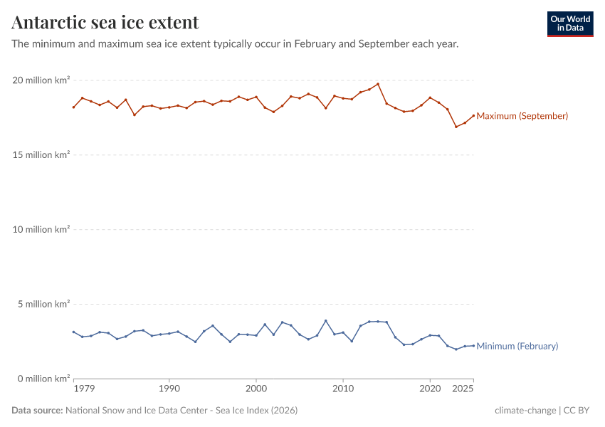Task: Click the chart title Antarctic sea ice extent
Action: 105,23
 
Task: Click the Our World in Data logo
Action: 569,23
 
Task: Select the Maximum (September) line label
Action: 522,116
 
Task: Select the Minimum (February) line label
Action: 517,346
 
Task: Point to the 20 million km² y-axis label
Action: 41,80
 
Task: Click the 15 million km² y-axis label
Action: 41,155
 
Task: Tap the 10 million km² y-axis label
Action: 41,230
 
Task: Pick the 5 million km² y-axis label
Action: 43,305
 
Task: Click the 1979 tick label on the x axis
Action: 85,389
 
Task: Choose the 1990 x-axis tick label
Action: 169,389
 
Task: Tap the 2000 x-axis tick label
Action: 256,389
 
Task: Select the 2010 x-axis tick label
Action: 343,389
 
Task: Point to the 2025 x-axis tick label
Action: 463,389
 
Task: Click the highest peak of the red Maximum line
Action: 378,84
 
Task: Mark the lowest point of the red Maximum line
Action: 456,127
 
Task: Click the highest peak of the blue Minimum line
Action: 326,321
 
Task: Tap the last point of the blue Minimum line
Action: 473,346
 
